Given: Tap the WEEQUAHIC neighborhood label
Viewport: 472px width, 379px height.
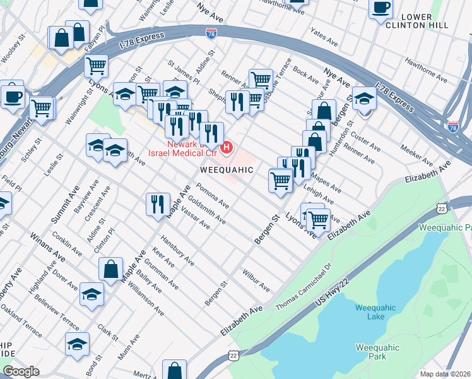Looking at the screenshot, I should [x=227, y=170].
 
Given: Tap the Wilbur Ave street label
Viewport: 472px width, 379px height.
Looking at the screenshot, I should [x=256, y=280].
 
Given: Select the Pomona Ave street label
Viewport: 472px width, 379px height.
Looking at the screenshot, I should [x=212, y=196].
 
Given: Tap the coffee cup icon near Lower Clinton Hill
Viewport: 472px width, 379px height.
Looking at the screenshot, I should [x=381, y=8].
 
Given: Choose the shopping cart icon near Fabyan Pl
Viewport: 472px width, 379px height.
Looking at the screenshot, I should [x=96, y=64].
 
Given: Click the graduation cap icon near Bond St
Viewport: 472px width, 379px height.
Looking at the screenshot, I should [x=77, y=344].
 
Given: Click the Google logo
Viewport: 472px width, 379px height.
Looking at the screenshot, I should [x=21, y=371].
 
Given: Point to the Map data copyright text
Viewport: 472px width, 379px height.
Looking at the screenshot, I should [x=445, y=374].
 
